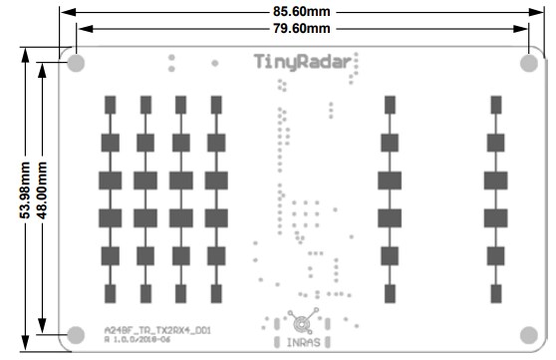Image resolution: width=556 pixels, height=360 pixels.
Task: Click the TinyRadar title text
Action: coord(297,63)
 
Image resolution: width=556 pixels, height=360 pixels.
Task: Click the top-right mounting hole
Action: coord(528,63)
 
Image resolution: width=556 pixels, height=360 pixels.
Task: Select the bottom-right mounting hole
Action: coord(528,334)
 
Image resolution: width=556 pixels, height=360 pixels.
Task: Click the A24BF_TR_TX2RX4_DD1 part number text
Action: coord(157,328)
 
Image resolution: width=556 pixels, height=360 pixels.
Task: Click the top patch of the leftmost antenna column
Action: coord(111,105)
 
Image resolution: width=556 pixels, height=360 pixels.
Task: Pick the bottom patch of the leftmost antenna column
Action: coord(111,293)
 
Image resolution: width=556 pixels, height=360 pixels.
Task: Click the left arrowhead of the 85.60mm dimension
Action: coord(65,11)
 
